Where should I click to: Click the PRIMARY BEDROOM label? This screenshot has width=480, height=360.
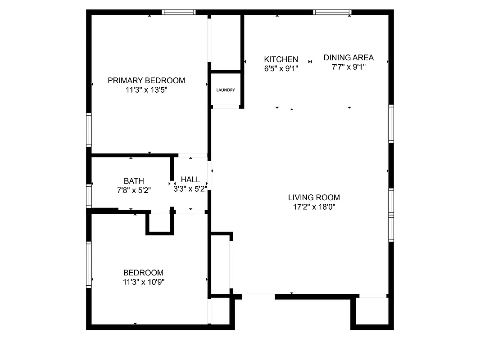[x=146, y=81]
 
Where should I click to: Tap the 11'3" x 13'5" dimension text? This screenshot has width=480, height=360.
[x=146, y=90]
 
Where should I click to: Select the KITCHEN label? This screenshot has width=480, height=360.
[x=281, y=59]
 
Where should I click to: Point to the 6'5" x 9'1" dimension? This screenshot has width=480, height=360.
[x=281, y=68]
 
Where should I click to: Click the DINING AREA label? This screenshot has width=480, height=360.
[x=349, y=58]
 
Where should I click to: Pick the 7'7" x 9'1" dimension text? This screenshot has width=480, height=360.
[x=349, y=67]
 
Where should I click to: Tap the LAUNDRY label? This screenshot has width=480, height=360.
[x=226, y=90]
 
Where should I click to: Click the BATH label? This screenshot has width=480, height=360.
[x=134, y=181]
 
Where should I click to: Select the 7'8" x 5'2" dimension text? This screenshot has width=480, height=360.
[x=134, y=190]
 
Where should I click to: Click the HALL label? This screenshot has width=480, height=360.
[x=190, y=180]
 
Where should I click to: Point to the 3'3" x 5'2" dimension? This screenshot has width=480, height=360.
[x=190, y=189]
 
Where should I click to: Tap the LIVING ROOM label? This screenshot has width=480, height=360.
[x=314, y=197]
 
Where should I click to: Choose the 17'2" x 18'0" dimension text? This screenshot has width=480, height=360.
[x=314, y=207]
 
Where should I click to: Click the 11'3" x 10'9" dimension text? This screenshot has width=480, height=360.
[x=143, y=282]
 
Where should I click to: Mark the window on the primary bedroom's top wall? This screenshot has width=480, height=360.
[x=179, y=12]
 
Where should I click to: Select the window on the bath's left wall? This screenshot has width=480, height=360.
[x=89, y=196]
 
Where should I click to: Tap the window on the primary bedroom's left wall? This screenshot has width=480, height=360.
[x=89, y=129]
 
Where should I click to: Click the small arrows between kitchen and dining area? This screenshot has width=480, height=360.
[x=310, y=62]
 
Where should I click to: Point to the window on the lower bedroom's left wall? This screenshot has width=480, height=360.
[x=89, y=264]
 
